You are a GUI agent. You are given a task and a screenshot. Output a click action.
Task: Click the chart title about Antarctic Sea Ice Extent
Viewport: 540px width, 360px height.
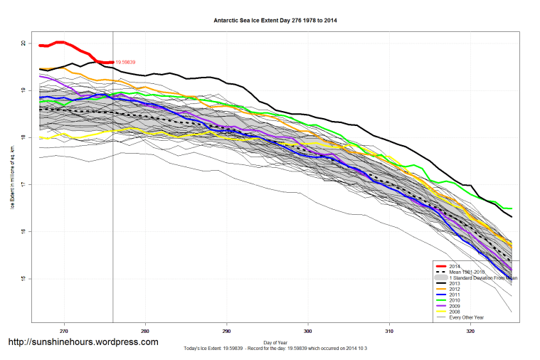[275, 21]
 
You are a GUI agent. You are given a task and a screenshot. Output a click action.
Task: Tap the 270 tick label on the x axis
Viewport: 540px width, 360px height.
[64, 331]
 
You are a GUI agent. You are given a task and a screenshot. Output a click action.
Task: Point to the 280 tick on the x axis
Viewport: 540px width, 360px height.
[145, 331]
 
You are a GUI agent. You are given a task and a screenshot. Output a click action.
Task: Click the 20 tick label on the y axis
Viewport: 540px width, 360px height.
[23, 43]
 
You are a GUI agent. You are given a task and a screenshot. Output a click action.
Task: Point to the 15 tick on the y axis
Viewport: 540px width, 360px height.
[23, 278]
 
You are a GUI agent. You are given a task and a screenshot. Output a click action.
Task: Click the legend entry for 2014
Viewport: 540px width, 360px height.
[455, 265]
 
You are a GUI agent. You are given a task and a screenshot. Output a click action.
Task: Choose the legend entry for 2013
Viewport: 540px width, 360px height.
[455, 283]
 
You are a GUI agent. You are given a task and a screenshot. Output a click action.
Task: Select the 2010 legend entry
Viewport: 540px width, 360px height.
[455, 300]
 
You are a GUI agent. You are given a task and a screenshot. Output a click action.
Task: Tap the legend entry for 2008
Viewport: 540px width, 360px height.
[455, 312]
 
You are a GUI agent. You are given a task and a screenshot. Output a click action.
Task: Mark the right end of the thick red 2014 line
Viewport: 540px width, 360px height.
[112, 63]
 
